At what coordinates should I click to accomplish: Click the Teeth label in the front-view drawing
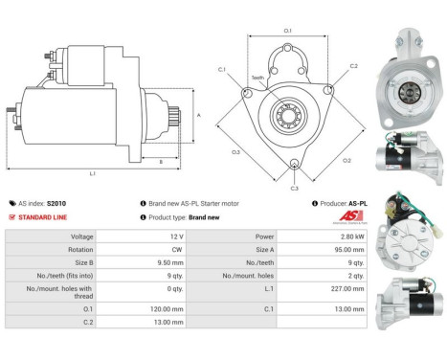pyautogui.click(x=257, y=77)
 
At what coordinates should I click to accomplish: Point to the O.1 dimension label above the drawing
pyautogui.click(x=288, y=32)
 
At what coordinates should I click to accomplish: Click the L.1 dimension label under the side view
pyautogui.click(x=93, y=173)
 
